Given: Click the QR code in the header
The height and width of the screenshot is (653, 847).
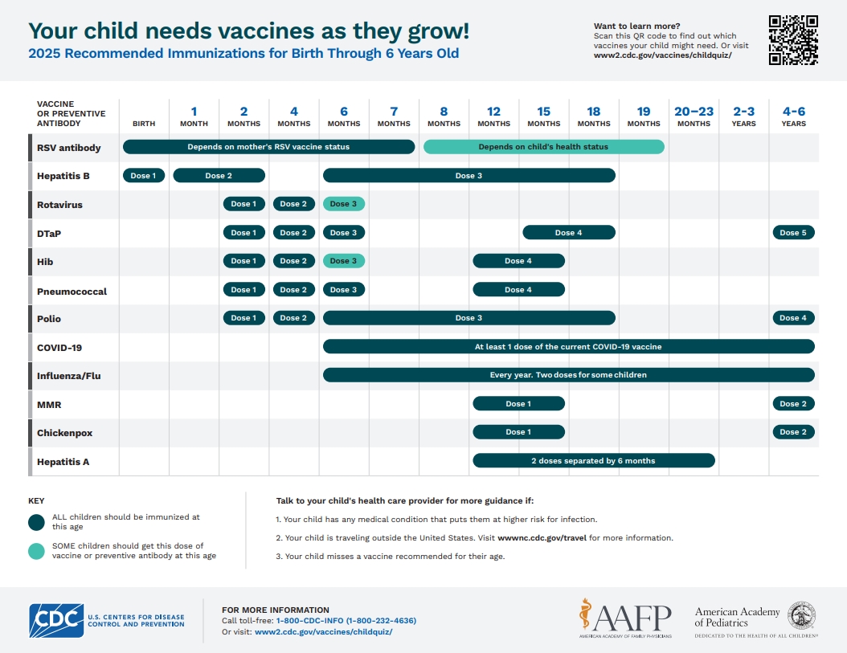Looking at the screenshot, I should click(x=793, y=40).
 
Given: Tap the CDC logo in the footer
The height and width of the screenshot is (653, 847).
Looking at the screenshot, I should click(x=56, y=620).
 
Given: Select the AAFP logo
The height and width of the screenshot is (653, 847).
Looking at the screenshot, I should click(x=624, y=618).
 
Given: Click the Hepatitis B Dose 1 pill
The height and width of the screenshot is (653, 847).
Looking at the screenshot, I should click(x=144, y=175).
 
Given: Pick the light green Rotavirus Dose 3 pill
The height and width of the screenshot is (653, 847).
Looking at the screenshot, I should click(x=344, y=204).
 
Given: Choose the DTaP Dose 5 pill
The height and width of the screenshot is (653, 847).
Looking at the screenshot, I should click(x=793, y=233).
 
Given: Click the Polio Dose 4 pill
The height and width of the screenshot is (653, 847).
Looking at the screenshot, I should click(x=793, y=318).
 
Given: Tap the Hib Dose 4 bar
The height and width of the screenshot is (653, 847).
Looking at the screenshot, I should click(x=518, y=261).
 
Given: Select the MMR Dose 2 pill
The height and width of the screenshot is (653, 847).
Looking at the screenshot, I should click(x=793, y=404).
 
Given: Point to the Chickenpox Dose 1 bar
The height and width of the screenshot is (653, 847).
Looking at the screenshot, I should click(x=518, y=432).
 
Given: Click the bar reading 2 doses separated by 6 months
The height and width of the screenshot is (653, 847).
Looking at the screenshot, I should click(x=593, y=461).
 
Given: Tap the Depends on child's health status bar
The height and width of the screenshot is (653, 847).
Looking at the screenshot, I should click(x=544, y=147).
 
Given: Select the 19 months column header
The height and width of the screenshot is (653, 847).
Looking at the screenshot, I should click(x=644, y=116).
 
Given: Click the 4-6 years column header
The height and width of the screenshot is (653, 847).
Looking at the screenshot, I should click(x=793, y=116).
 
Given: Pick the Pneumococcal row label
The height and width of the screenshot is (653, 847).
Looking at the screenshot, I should click(x=72, y=291).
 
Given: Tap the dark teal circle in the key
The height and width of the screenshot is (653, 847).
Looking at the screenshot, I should click(x=36, y=522).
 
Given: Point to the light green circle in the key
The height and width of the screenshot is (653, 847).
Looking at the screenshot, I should click(x=36, y=551).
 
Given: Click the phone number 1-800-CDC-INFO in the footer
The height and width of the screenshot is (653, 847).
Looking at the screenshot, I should click(x=346, y=621).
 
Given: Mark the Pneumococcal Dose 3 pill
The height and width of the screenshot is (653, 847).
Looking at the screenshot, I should click(x=344, y=290).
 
